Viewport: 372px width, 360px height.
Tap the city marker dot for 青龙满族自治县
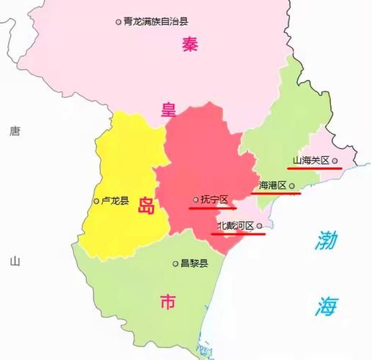[119, 22]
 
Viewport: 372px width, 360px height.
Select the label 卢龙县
[115, 201]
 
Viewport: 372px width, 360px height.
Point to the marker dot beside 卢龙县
[97, 201]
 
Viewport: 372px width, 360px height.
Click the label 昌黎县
[194, 264]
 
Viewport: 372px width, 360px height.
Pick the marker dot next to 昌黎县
[175, 264]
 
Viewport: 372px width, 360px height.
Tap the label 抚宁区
[214, 199]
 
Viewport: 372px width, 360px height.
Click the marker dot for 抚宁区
[196, 199]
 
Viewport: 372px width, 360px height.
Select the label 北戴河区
[235, 226]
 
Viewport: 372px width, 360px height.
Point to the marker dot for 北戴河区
[260, 226]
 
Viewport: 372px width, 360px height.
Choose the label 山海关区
[311, 161]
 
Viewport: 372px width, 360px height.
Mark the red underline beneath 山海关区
[313, 168]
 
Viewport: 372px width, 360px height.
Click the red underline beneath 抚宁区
[212, 207]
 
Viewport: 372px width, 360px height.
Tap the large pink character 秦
[189, 45]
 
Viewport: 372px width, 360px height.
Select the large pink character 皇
[168, 109]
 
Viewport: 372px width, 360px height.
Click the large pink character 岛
[146, 206]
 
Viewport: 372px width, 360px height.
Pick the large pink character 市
[167, 302]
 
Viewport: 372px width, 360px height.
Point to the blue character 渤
[325, 240]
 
